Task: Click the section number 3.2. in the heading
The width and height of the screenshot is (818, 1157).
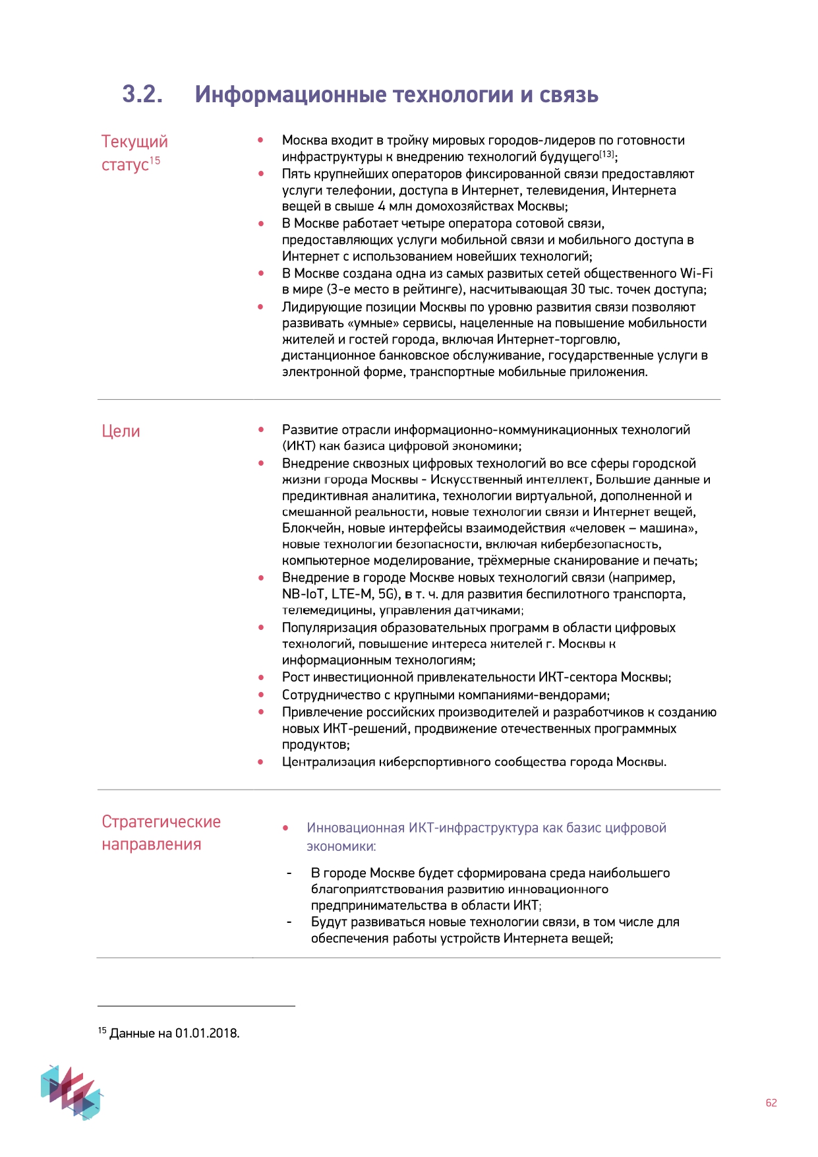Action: (x=142, y=94)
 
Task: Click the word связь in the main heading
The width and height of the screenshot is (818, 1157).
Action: (x=568, y=95)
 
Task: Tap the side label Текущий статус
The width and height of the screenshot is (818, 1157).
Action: (x=134, y=152)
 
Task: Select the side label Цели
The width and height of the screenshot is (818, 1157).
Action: (x=121, y=431)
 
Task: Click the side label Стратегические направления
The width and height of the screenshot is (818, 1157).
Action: (x=161, y=832)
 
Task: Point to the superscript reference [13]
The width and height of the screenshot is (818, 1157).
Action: (x=606, y=154)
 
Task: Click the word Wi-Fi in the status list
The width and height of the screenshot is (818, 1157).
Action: (x=696, y=273)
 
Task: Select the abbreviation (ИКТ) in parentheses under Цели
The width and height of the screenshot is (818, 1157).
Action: (x=299, y=446)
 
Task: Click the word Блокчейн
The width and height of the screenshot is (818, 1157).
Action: (x=312, y=528)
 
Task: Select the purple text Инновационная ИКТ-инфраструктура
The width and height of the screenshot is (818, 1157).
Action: (x=421, y=828)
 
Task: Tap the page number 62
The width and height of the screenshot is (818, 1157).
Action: (x=771, y=1103)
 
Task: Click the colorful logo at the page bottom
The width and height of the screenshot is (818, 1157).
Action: (x=71, y=1091)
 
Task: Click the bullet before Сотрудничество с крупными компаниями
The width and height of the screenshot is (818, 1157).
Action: (x=261, y=695)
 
